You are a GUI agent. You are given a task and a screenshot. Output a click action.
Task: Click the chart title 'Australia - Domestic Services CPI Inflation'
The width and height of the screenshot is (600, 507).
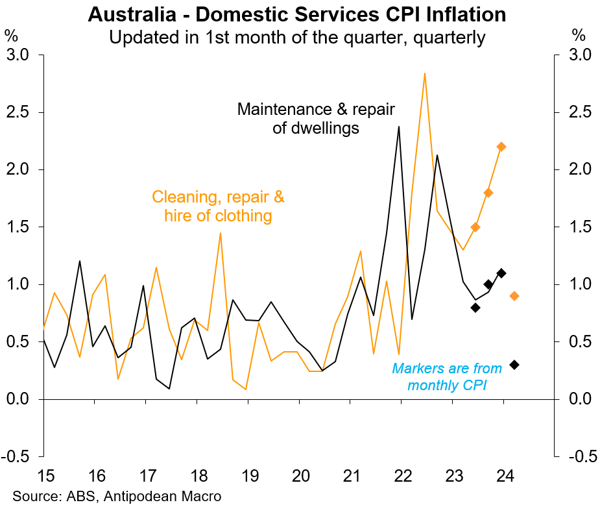tap(297, 14)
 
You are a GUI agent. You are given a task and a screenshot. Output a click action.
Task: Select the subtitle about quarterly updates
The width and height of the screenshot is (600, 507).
tap(297, 38)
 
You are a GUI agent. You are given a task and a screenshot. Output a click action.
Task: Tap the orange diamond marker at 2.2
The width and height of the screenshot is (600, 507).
tap(501, 147)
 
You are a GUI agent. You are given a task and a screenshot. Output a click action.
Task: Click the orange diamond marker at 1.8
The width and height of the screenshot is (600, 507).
tap(488, 193)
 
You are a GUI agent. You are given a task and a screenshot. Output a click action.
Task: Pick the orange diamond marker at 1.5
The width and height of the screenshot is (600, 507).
tap(475, 227)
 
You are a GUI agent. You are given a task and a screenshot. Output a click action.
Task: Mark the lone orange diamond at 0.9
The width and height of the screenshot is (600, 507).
tap(514, 296)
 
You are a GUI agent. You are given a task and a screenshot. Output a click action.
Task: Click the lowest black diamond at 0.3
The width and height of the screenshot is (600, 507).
tap(514, 365)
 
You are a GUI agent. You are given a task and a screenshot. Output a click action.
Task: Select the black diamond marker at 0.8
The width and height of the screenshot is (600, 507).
tap(475, 307)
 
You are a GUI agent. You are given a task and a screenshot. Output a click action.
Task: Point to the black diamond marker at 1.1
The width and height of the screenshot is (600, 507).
tap(501, 273)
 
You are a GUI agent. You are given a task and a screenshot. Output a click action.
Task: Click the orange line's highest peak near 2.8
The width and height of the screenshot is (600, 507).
tap(424, 73)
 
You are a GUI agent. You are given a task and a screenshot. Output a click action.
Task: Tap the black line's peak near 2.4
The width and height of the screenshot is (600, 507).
tap(399, 127)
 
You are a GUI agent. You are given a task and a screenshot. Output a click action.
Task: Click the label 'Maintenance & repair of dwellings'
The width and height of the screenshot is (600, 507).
tap(316, 118)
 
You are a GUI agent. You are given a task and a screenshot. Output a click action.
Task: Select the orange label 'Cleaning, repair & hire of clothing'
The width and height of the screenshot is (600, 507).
tap(218, 206)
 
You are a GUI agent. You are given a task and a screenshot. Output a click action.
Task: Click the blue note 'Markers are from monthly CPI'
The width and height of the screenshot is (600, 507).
tap(447, 377)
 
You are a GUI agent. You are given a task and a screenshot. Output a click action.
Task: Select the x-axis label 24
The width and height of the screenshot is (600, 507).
tap(504, 476)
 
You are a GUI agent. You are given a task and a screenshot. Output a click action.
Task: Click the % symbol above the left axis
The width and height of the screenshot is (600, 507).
tap(11, 34)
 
